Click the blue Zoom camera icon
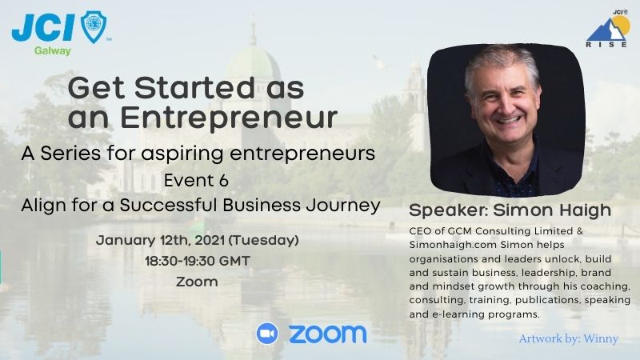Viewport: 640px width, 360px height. click(267, 334)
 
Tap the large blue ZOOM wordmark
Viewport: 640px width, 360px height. click(326, 334)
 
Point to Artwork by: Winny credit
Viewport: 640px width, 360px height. click(568, 338)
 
